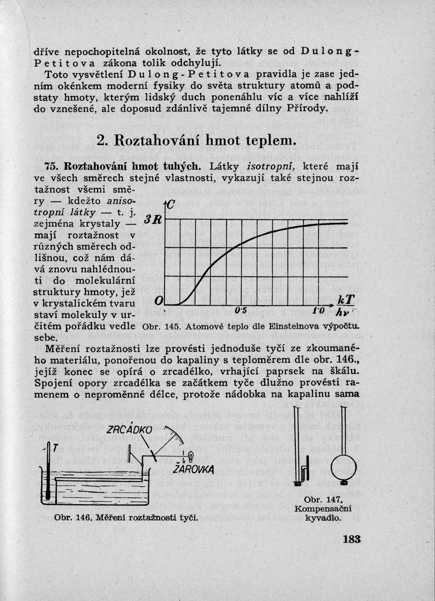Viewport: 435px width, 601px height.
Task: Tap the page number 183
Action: click(x=351, y=539)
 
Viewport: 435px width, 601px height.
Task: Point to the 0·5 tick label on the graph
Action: click(x=240, y=311)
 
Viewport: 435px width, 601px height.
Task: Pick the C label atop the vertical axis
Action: click(x=171, y=206)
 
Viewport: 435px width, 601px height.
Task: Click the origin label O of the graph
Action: click(x=159, y=301)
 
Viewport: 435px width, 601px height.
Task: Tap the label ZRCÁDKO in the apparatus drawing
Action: click(x=129, y=430)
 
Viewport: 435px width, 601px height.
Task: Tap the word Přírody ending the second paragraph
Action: click(x=310, y=109)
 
